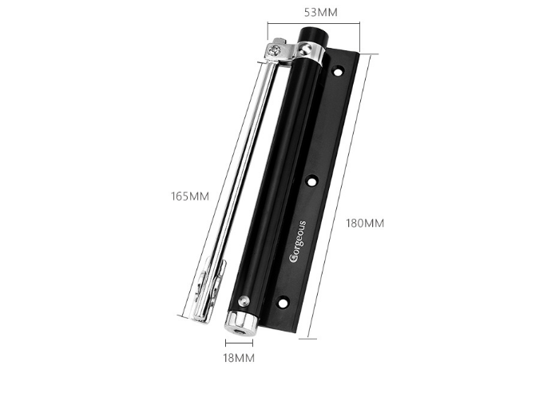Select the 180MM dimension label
364,223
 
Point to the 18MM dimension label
239,358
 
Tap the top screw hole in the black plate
338,72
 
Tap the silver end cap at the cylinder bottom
239,323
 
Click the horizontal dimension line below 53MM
313,25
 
